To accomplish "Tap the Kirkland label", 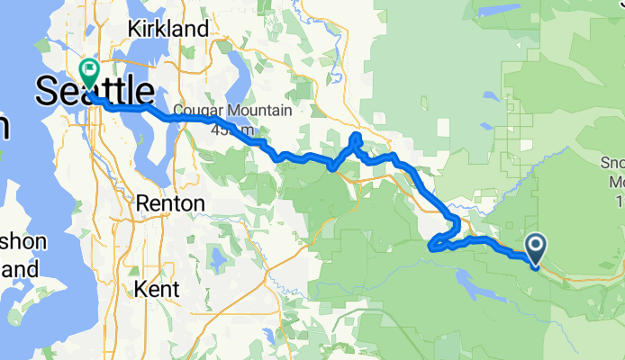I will tap(168, 29).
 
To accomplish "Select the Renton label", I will tap(170, 203).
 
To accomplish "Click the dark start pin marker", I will tap(535, 248).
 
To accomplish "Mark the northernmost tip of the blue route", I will tap(357, 136).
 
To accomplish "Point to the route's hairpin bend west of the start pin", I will tap(433, 246).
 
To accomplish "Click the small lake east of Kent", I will tap(216, 259).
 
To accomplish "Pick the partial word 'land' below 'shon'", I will tap(18, 268).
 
